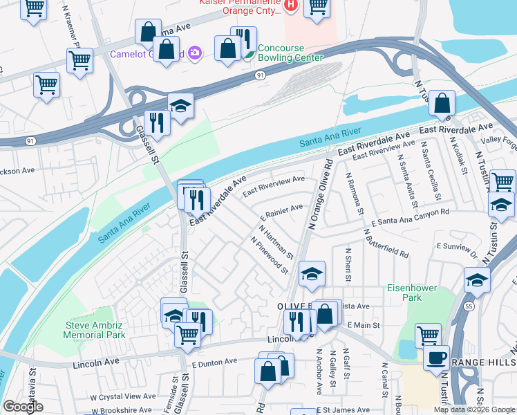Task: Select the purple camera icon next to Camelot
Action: [x=194, y=53]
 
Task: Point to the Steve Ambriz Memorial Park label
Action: [x=95, y=330]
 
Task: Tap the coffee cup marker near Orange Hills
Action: [x=435, y=358]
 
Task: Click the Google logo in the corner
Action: [x=23, y=407]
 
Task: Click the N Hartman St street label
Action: [x=276, y=241]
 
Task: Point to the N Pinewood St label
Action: [x=270, y=255]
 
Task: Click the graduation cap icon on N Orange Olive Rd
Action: [x=312, y=274]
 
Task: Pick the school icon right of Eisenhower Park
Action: [x=477, y=279]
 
